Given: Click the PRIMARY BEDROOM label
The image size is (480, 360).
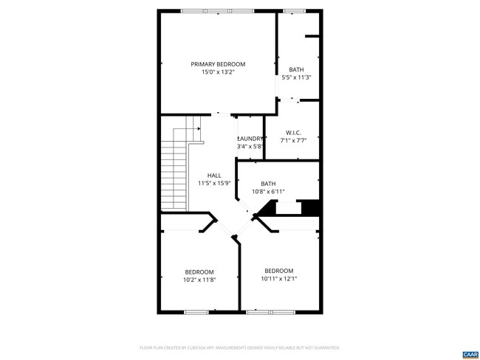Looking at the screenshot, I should click(x=218, y=64).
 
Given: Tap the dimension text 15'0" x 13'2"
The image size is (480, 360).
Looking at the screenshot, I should click(x=218, y=72).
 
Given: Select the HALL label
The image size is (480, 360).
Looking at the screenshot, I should click(x=214, y=176).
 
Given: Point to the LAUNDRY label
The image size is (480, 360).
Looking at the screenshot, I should click(x=250, y=139).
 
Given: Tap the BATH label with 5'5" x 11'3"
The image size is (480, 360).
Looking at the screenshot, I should click(x=296, y=69).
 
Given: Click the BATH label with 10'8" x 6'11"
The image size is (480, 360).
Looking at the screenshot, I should click(x=268, y=184).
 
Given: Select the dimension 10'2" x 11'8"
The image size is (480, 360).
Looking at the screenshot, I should click(x=199, y=280).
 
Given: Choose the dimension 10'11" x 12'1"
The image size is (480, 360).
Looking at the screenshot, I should click(x=279, y=279).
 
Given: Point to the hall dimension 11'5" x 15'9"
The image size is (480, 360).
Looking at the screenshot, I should click(x=214, y=184).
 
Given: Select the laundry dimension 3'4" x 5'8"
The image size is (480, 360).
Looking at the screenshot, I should click(x=250, y=147).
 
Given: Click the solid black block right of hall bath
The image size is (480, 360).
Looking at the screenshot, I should click(x=311, y=209).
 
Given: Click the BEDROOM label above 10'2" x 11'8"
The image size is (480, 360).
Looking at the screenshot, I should click(x=199, y=271).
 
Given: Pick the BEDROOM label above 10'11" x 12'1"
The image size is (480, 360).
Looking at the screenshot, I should click(x=279, y=271).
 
